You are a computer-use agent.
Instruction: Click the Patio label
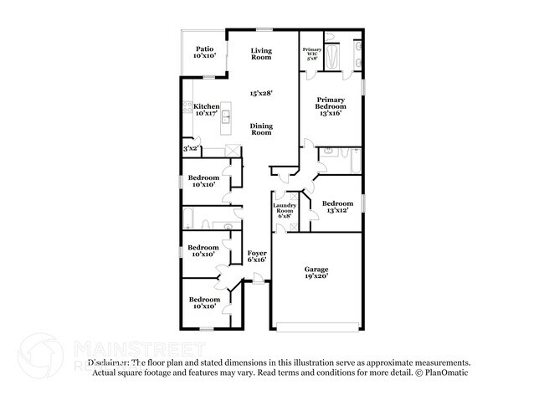[x=203, y=49]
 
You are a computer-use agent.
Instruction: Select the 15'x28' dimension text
[x=263, y=94]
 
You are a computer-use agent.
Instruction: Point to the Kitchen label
[x=206, y=106]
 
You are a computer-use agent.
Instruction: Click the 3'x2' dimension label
[x=192, y=149]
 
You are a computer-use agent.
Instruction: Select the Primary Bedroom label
[x=331, y=102]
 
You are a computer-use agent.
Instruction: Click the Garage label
[x=316, y=269]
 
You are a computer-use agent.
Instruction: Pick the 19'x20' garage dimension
[x=316, y=275]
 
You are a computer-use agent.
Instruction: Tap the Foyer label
[x=257, y=253]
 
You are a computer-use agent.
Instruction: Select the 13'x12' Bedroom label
[x=337, y=203]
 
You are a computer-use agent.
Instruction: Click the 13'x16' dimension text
[x=331, y=114]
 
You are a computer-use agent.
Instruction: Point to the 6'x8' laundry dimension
[x=285, y=216]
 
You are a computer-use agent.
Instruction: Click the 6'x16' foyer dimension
[x=257, y=260]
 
